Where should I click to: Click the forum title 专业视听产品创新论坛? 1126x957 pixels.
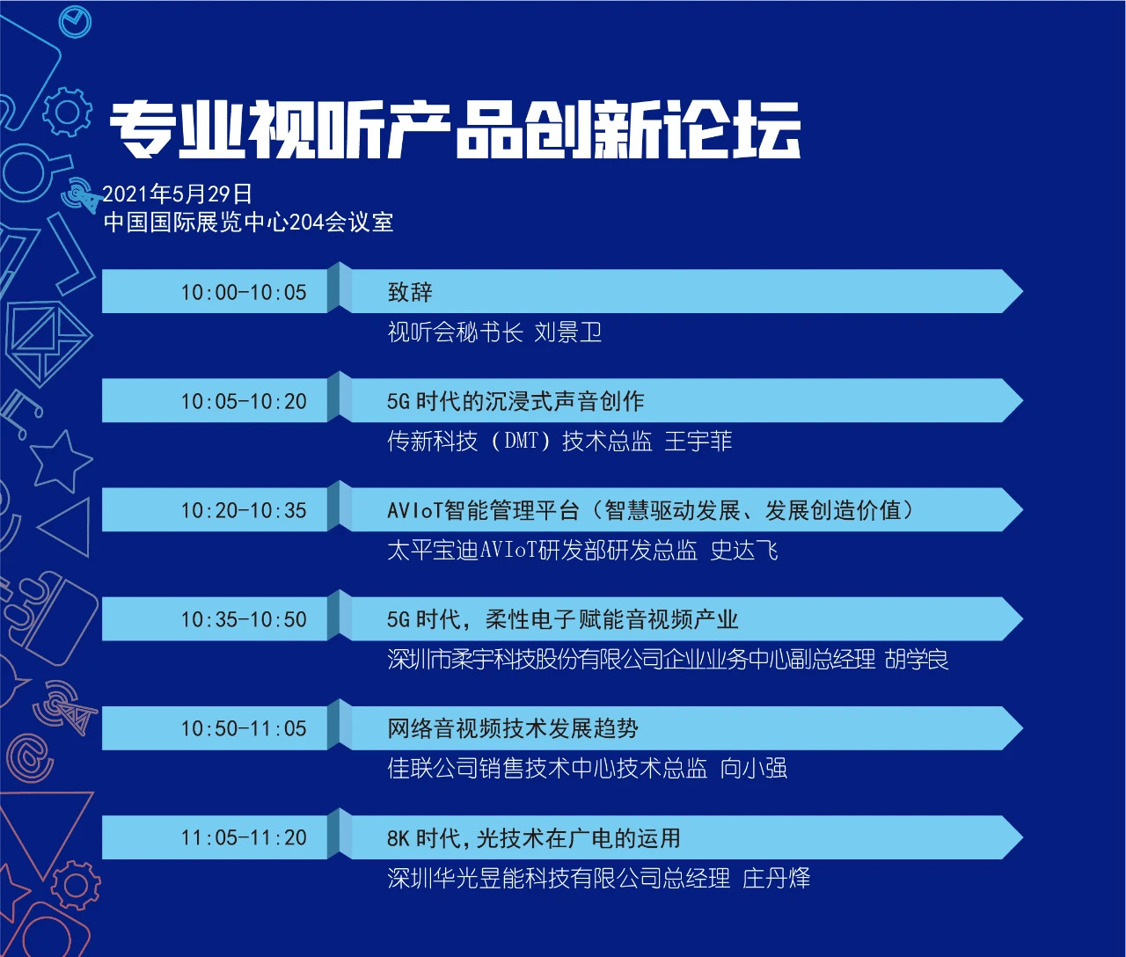pyautogui.click(x=456, y=129)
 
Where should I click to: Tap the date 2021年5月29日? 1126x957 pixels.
pyautogui.click(x=178, y=194)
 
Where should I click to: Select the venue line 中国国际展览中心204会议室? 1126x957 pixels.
pyautogui.click(x=248, y=223)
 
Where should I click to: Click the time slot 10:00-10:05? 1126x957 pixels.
pyautogui.click(x=244, y=293)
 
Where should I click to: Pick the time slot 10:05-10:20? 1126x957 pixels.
pyautogui.click(x=244, y=401)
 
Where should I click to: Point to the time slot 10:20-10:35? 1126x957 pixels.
pyautogui.click(x=244, y=510)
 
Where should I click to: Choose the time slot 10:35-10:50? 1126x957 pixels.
pyautogui.click(x=244, y=619)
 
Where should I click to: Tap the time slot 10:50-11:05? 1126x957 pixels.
pyautogui.click(x=244, y=729)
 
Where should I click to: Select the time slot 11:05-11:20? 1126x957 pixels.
pyautogui.click(x=244, y=837)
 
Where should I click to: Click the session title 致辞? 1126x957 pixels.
pyautogui.click(x=410, y=292)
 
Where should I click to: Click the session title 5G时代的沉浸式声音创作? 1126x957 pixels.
pyautogui.click(x=515, y=401)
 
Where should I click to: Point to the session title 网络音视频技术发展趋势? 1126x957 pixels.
pyautogui.click(x=513, y=729)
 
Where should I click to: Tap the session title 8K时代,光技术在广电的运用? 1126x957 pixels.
pyautogui.click(x=534, y=837)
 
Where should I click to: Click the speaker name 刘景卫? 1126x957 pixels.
pyautogui.click(x=568, y=332)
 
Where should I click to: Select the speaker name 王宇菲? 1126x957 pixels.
pyautogui.click(x=698, y=442)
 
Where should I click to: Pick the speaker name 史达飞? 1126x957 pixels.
pyautogui.click(x=744, y=551)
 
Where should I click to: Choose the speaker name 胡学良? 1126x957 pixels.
pyautogui.click(x=917, y=660)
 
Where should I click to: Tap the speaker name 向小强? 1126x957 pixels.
pyautogui.click(x=754, y=769)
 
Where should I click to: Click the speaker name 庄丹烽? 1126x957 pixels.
pyautogui.click(x=776, y=878)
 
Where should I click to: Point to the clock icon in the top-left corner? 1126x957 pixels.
pyautogui.click(x=75, y=22)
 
